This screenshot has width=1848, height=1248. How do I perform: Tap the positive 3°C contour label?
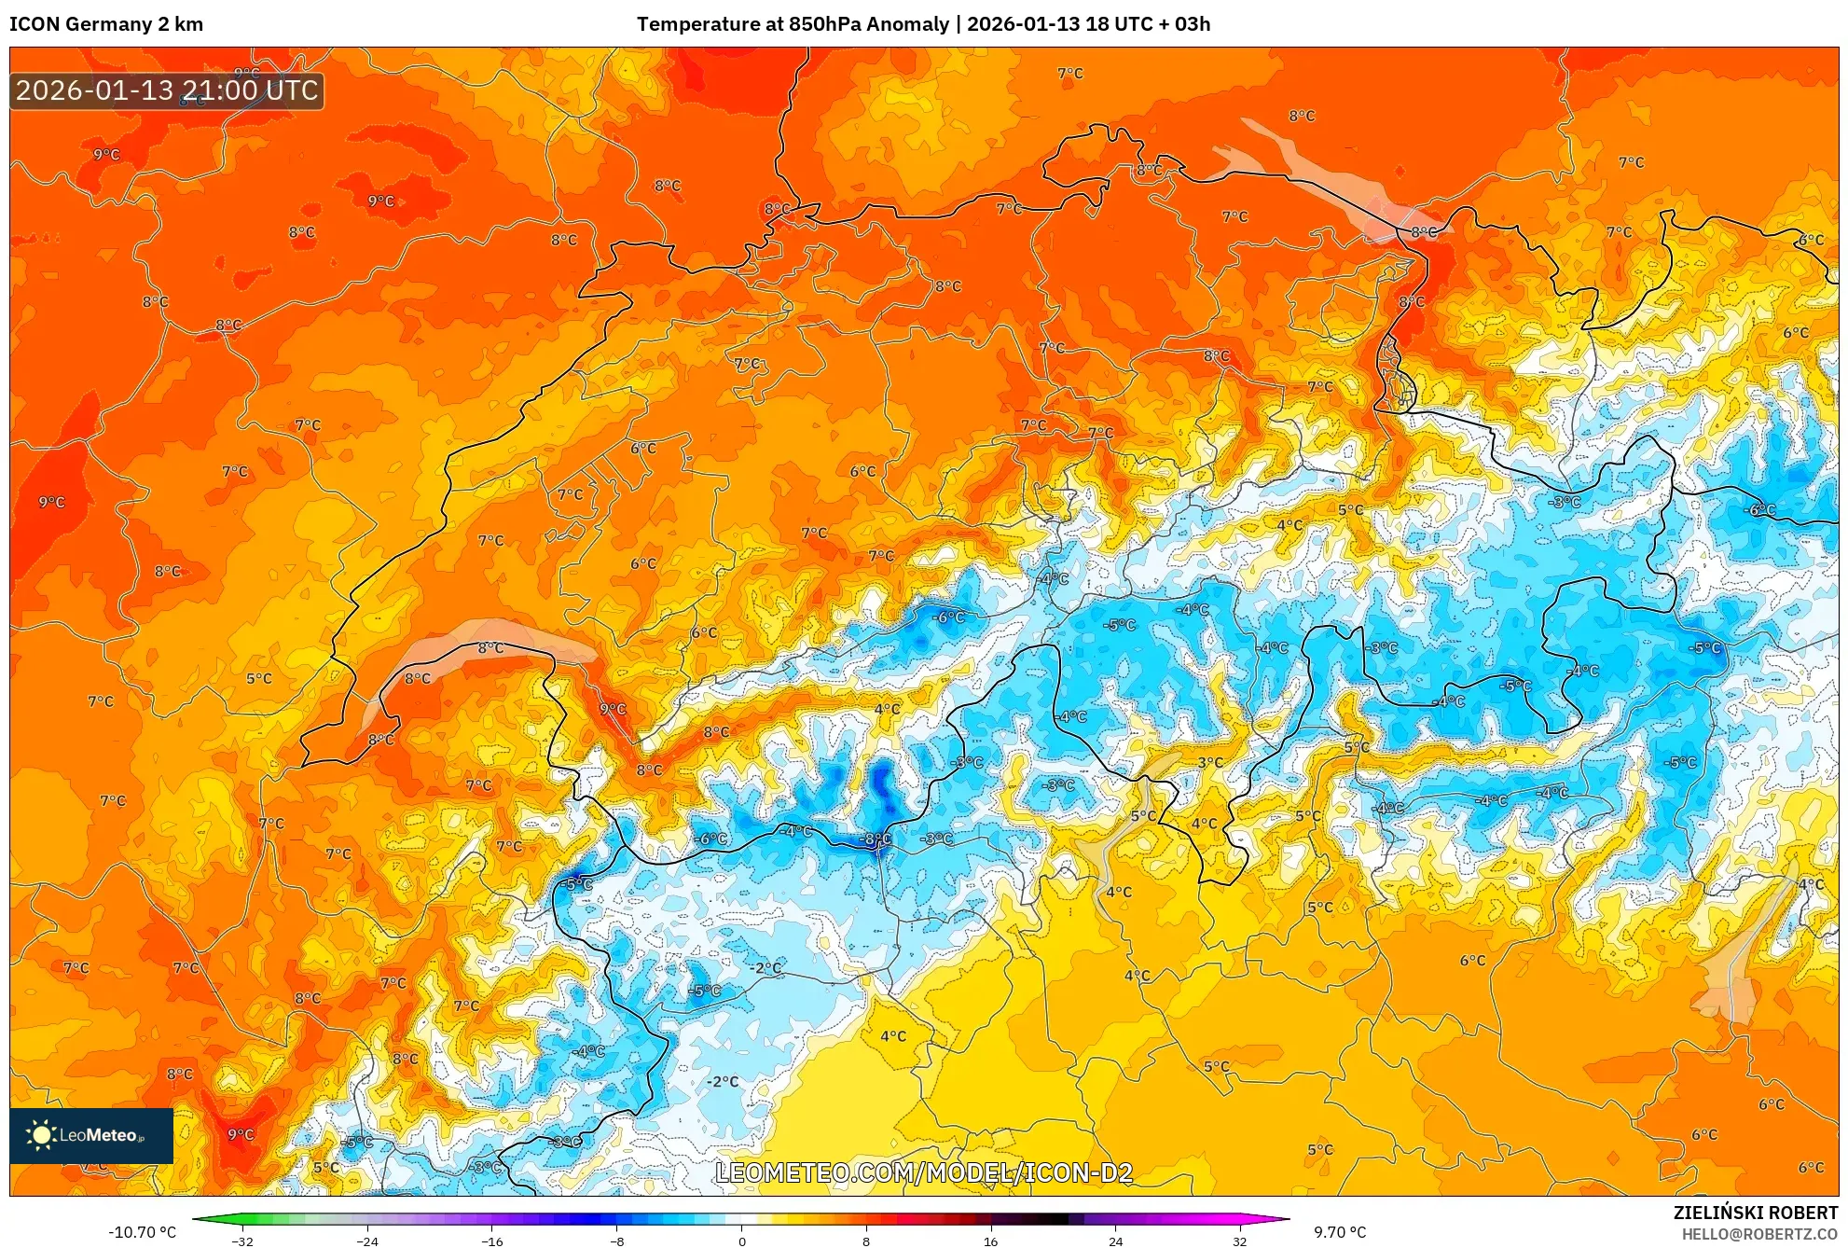[1210, 762]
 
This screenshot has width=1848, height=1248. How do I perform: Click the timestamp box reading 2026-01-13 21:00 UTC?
[167, 90]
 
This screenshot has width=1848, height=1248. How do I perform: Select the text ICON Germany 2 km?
[106, 24]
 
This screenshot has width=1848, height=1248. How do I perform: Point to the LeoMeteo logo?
[91, 1135]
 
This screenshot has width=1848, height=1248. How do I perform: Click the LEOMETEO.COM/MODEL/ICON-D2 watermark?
[923, 1172]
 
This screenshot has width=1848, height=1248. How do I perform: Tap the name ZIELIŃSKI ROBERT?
[1755, 1213]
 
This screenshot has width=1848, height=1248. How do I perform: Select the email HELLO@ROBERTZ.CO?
[1758, 1234]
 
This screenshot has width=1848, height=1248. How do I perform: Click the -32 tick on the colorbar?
[241, 1241]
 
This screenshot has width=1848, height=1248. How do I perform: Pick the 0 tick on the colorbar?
[741, 1241]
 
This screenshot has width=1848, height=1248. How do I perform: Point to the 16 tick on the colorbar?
[990, 1241]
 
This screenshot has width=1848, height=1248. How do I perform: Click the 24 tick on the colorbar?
[1115, 1241]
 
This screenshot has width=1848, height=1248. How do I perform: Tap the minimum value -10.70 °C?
[142, 1232]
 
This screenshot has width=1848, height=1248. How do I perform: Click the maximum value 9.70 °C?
[1340, 1232]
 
